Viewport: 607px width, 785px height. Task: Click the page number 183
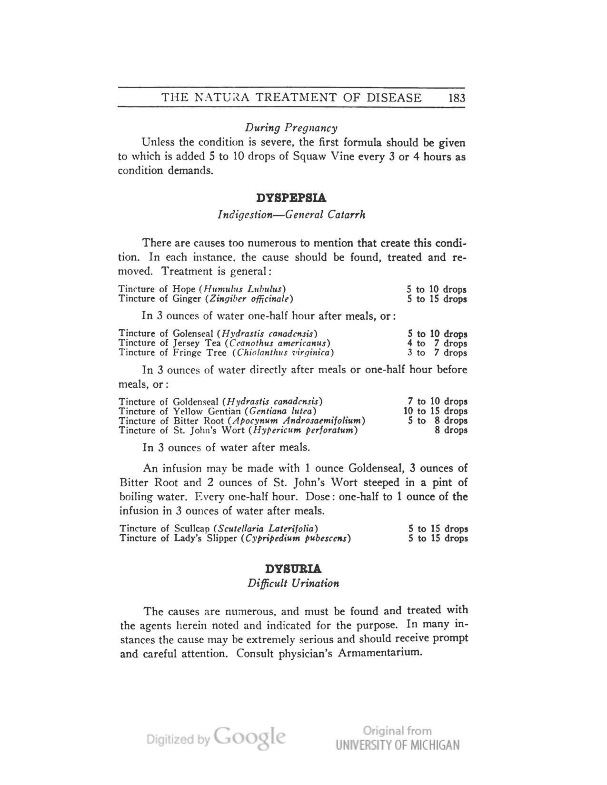456,98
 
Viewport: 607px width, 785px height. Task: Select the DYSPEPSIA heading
291,197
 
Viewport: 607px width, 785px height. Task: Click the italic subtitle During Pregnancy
291,128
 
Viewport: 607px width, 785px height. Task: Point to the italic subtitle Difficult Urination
293,583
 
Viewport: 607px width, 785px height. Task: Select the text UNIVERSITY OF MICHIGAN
398,745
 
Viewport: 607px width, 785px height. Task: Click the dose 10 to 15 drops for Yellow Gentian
435,411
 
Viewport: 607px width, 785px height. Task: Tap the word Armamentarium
380,653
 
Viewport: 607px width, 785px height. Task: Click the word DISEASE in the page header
394,98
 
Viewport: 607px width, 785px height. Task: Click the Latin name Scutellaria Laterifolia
266,529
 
